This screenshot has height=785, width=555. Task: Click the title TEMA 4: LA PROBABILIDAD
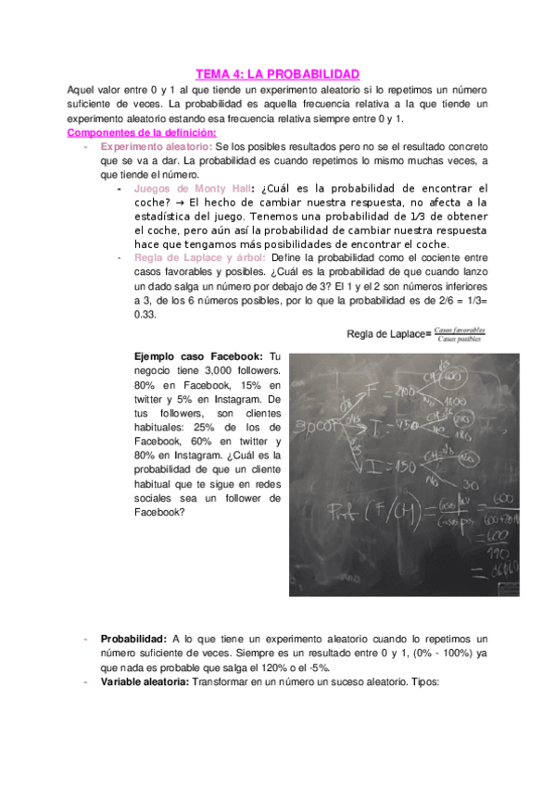(278, 73)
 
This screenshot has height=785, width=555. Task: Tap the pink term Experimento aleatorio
(157, 146)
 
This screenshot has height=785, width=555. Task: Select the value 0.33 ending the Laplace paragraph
(145, 314)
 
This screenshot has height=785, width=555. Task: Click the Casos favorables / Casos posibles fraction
(463, 333)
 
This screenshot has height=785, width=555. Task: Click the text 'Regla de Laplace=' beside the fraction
(389, 333)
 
